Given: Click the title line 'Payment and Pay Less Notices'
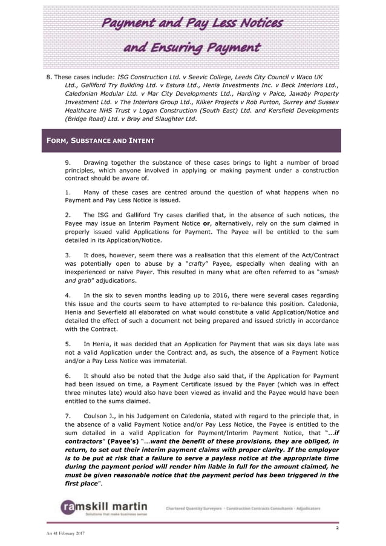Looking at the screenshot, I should (192, 23).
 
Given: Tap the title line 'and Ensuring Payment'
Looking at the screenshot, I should (192, 47).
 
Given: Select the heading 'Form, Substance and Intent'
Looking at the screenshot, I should (100, 141).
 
